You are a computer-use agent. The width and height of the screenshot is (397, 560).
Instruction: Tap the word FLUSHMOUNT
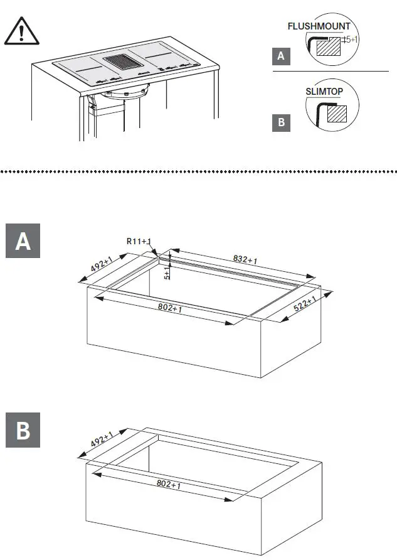319,27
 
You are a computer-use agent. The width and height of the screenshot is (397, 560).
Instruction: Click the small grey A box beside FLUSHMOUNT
281,57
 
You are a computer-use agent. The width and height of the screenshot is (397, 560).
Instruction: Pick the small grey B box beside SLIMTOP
281,122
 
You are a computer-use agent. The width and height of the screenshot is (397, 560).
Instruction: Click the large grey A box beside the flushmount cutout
23,240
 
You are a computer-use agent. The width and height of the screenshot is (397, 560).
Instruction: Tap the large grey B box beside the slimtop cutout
23,431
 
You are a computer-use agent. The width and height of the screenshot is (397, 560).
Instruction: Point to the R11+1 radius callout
140,241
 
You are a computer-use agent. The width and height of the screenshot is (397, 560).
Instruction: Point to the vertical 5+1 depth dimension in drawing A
166,273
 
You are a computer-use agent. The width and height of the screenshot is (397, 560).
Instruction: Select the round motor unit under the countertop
127,94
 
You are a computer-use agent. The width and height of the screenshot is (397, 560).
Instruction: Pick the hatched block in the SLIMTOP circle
338,114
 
